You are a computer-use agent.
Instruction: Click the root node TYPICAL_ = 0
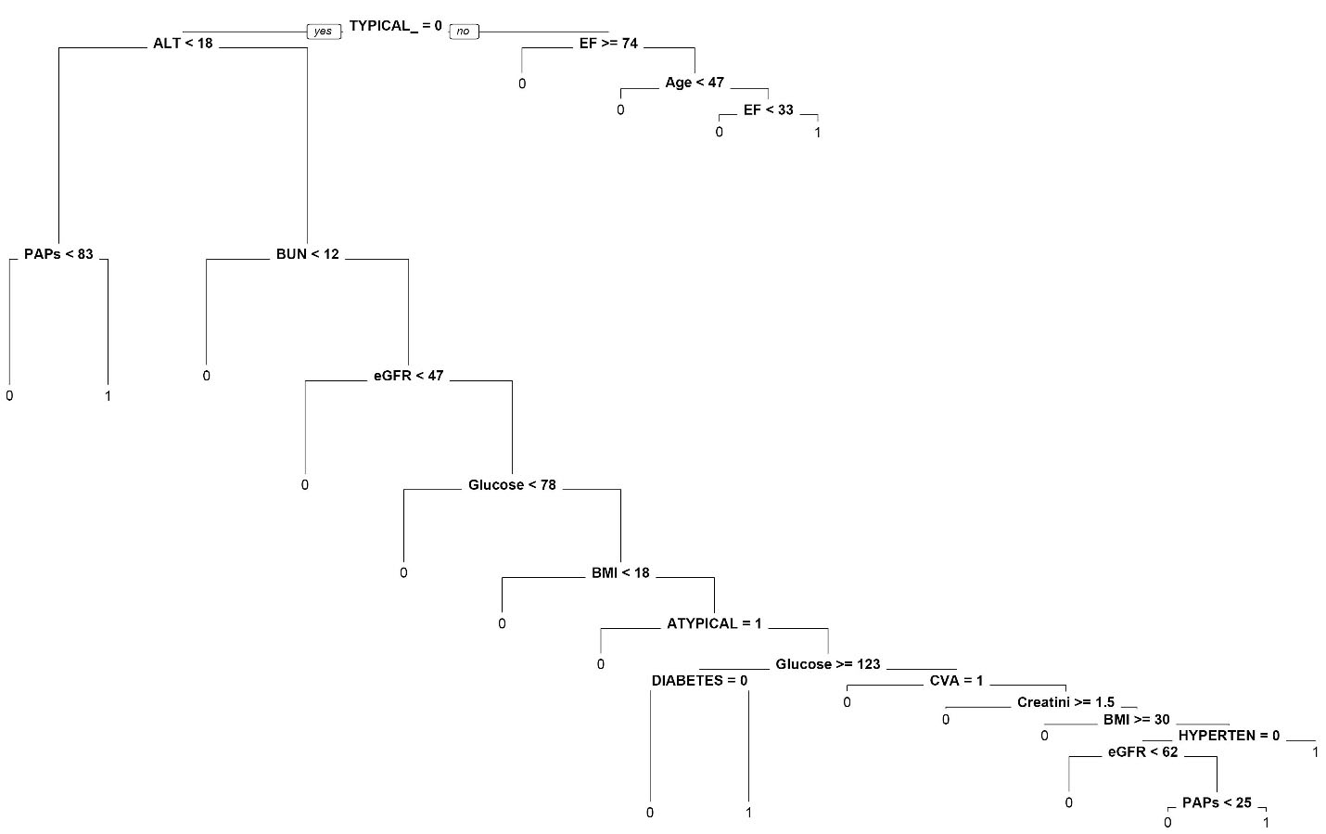[395, 26]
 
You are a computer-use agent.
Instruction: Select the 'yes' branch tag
[323, 32]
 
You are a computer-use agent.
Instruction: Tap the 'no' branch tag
[463, 32]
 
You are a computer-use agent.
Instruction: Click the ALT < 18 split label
[183, 43]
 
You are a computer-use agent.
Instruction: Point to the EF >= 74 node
[608, 43]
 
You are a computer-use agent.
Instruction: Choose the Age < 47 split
[694, 83]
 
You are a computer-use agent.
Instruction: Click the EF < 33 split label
[768, 109]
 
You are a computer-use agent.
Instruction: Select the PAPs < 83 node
[58, 254]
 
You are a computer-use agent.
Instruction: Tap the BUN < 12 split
[307, 254]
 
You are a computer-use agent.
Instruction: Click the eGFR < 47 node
[408, 376]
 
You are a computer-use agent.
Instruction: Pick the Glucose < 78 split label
[512, 485]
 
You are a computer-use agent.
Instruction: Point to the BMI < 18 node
[620, 572]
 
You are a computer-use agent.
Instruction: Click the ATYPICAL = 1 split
[714, 623]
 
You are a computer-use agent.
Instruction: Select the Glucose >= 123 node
[827, 664]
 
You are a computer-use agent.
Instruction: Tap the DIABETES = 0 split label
[699, 681]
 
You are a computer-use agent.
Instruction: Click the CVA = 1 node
[956, 681]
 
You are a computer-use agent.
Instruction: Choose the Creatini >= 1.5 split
[1065, 702]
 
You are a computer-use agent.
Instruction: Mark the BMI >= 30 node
[1136, 720]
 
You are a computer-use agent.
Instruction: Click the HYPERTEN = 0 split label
[1229, 736]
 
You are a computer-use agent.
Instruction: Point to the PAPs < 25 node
[1217, 802]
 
